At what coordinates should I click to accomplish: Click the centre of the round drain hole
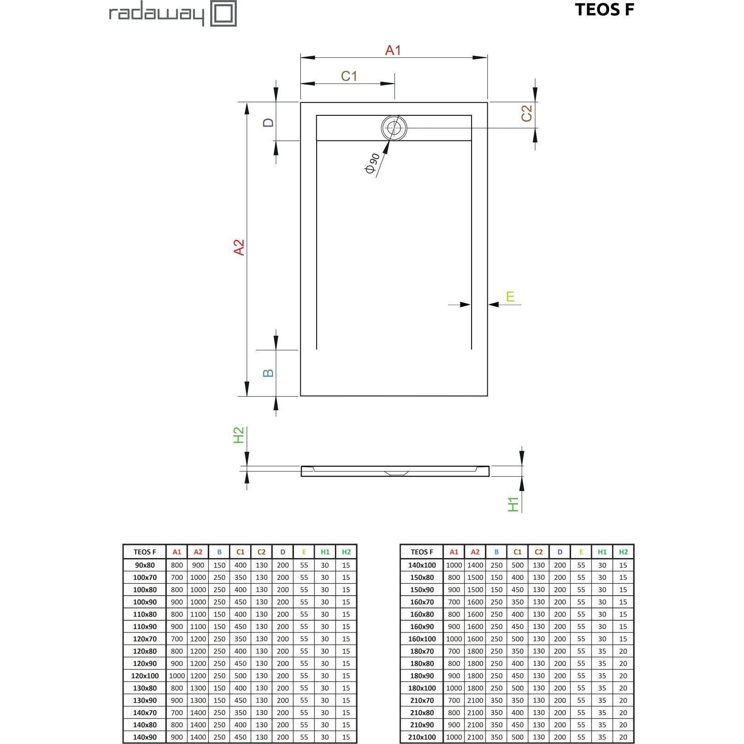click(x=394, y=128)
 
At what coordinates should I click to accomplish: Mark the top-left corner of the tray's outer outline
click(x=300, y=102)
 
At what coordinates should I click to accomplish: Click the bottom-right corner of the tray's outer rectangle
click(x=487, y=396)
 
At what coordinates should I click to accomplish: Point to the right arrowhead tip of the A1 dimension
click(x=487, y=58)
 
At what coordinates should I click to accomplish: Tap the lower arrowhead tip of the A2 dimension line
click(x=247, y=396)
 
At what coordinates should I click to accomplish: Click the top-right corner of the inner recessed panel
click(x=472, y=115)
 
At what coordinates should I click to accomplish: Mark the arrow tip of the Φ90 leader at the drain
click(x=389, y=140)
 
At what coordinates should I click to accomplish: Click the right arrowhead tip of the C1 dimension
click(x=395, y=84)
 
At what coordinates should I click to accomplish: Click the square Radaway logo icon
click(x=224, y=13)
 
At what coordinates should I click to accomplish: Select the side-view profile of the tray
click(x=395, y=471)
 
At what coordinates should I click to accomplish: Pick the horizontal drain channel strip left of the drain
click(x=349, y=128)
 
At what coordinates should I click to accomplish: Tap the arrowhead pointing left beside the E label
click(x=494, y=305)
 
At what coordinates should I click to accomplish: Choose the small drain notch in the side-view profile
click(x=396, y=473)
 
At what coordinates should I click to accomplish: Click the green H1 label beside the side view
click(x=513, y=505)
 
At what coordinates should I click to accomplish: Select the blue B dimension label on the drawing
click(x=268, y=373)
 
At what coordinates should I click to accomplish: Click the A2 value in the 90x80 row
click(x=198, y=565)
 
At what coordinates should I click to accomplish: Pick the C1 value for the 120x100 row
click(x=240, y=676)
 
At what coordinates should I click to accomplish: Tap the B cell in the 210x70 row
click(x=497, y=700)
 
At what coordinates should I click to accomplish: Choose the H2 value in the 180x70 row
click(x=623, y=651)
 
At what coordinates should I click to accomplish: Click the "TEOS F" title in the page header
click(x=604, y=10)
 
